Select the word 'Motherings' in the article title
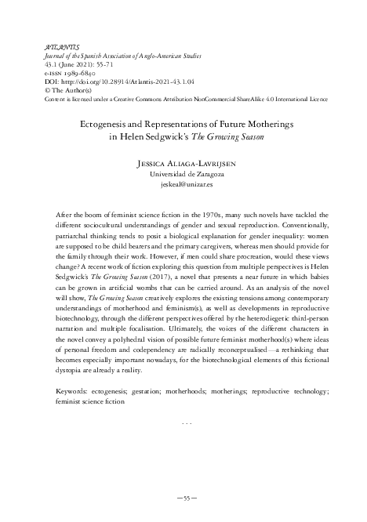259,123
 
